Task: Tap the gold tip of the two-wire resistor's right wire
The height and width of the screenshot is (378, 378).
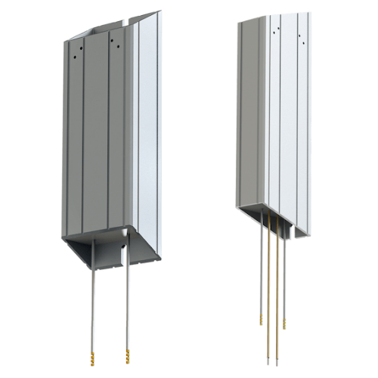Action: click(125, 354)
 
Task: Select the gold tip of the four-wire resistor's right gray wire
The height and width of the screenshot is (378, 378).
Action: click(285, 322)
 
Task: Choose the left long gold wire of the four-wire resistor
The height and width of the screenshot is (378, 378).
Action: click(266, 287)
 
